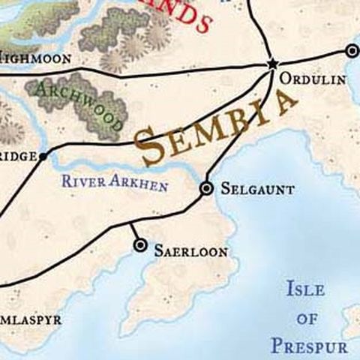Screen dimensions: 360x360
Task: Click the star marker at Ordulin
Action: tap(271, 64)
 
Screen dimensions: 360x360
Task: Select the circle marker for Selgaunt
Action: tap(206, 189)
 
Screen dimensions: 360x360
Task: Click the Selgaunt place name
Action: tap(256, 190)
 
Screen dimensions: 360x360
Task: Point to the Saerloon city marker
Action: tap(139, 245)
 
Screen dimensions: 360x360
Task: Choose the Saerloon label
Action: tap(190, 252)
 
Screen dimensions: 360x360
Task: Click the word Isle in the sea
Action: tap(305, 289)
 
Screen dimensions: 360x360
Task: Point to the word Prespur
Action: tap(309, 346)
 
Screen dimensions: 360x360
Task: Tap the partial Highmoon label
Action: tap(35, 58)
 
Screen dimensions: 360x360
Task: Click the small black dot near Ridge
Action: tap(43, 156)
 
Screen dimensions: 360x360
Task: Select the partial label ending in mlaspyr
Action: tap(30, 319)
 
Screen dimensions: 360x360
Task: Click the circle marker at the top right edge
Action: tap(352, 51)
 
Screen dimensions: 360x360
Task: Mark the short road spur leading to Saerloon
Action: tap(135, 233)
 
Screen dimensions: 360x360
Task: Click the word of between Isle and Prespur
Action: tap(307, 318)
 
